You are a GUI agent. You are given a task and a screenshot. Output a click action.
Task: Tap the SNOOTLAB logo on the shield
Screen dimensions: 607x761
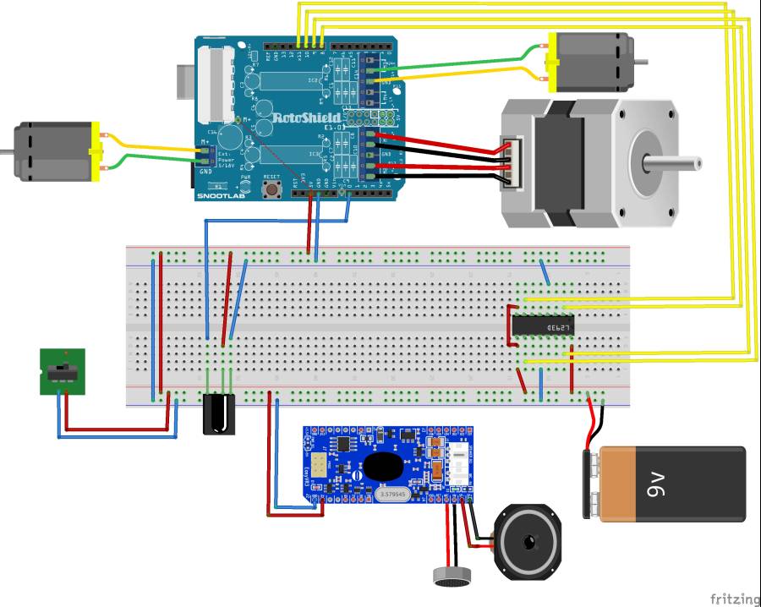218,196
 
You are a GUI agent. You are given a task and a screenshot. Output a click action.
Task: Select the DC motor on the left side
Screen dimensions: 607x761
55,151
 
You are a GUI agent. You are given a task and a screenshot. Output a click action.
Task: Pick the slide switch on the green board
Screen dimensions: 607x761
62,371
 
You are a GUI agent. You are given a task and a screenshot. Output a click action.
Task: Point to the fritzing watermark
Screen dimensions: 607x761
734,599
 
